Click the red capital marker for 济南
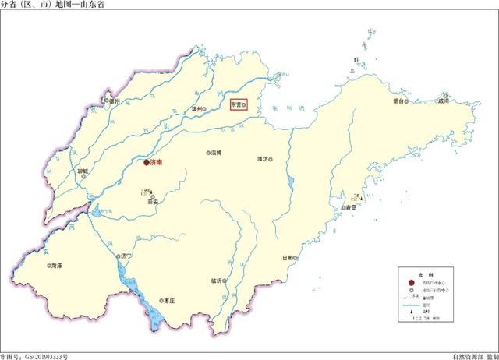point(146,163)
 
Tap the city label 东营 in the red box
point(236,104)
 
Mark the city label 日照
point(286,258)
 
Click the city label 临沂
point(217,281)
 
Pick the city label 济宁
point(126,256)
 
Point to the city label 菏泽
point(55,266)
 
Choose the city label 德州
point(117,101)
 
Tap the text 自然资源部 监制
point(472,355)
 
